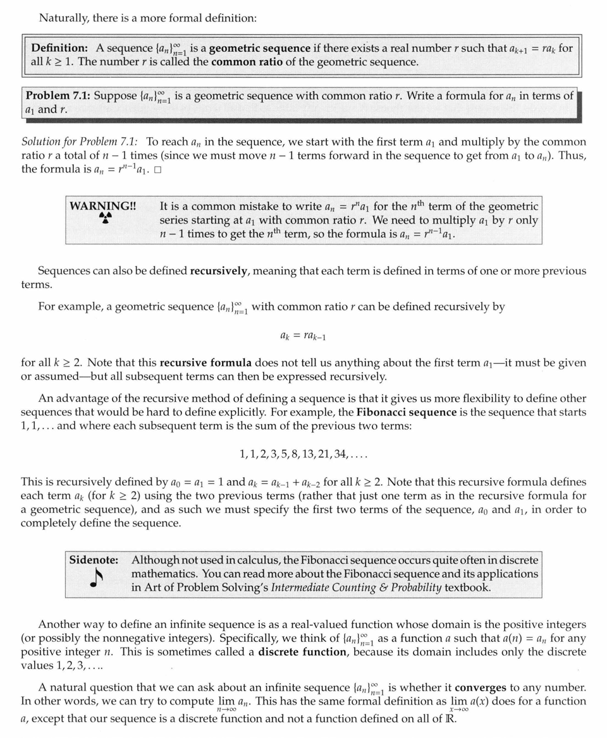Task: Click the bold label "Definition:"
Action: pos(59,48)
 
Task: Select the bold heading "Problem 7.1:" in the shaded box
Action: pos(56,96)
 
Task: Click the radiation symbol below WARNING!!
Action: pos(106,218)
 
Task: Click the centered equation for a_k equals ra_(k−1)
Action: pos(303,336)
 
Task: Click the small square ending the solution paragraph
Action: pos(157,170)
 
